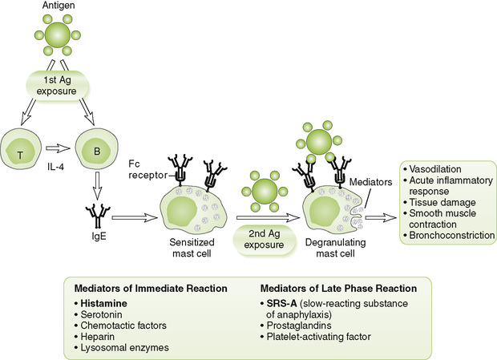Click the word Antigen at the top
(58, 7)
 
